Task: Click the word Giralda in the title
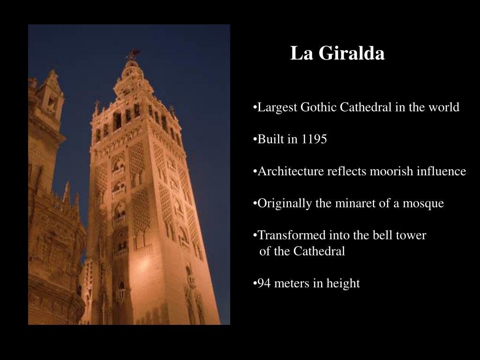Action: (x=351, y=53)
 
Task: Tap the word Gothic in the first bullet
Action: (x=318, y=107)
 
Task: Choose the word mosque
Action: (x=425, y=203)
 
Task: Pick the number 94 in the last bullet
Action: (x=263, y=283)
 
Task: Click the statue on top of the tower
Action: (x=134, y=54)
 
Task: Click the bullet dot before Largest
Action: (x=255, y=108)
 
